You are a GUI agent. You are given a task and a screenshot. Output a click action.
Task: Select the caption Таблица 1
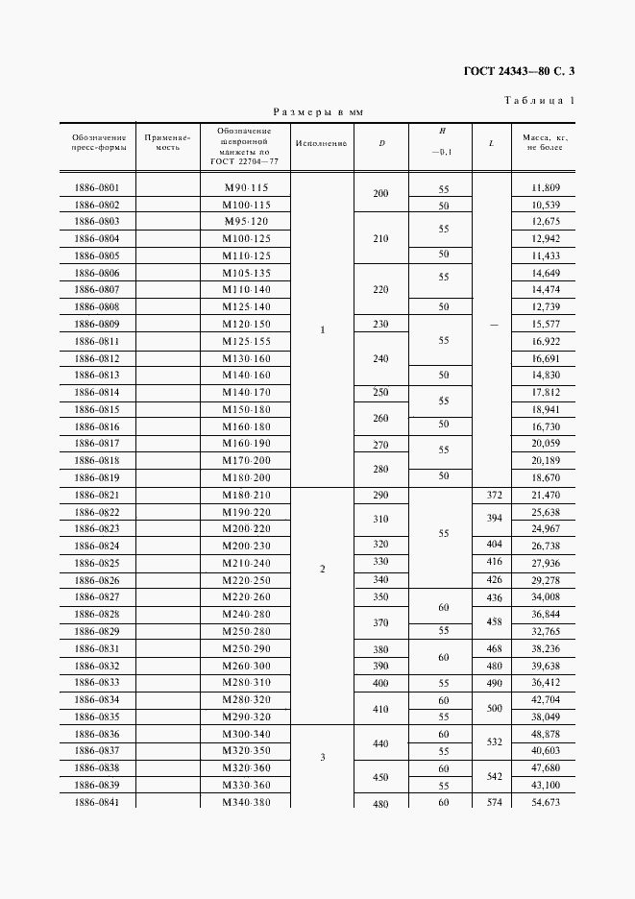[x=539, y=100]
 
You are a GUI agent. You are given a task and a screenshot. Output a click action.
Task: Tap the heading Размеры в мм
[x=319, y=112]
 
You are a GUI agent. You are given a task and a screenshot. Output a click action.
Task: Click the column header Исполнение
[x=322, y=144]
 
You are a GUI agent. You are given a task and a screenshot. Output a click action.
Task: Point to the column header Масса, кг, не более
[x=544, y=143]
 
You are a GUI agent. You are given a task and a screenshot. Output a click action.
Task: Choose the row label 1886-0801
[x=96, y=188]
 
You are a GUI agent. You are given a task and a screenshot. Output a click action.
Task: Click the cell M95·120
[x=246, y=221]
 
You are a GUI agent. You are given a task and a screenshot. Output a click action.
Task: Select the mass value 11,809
[x=544, y=188]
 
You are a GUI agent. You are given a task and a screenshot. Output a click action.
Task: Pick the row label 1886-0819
[x=96, y=476]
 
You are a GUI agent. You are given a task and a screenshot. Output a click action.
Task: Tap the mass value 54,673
[x=544, y=802]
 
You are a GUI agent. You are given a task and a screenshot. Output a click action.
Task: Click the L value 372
[x=494, y=494]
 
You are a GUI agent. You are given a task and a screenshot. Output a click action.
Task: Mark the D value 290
[x=381, y=494]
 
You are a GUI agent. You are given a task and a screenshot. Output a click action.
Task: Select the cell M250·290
[x=246, y=650]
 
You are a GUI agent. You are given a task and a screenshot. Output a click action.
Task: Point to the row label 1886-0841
[x=96, y=802]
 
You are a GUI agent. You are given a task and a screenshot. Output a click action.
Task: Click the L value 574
[x=494, y=802]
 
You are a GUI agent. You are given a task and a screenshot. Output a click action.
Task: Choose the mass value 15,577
[x=544, y=324]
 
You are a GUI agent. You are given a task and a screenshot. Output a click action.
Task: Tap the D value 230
[x=381, y=324]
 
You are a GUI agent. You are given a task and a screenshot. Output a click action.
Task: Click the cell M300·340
[x=246, y=734]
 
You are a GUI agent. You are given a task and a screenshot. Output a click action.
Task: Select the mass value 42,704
[x=544, y=700]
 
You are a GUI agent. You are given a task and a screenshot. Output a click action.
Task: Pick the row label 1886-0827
[x=96, y=596]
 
